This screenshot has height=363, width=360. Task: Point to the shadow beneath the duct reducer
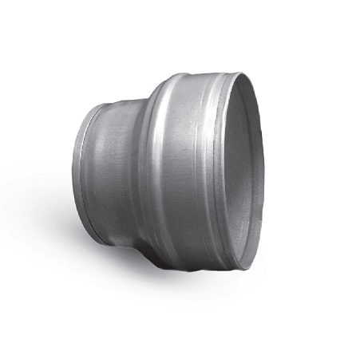pos(160,287)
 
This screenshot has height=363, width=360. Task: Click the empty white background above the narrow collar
pos(104,48)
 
